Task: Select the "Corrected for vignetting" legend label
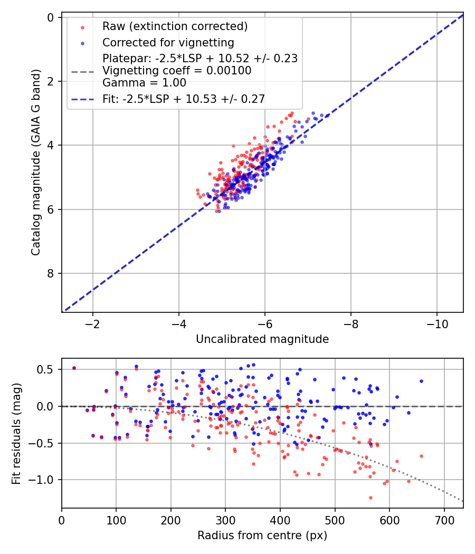[x=168, y=42]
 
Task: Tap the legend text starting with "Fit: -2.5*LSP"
[x=183, y=99]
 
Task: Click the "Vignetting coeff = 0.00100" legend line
[x=177, y=71]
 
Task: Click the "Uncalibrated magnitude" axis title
[x=262, y=339]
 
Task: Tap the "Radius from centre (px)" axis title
[x=262, y=536]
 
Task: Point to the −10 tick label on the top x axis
[x=436, y=323]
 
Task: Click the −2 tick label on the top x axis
[x=93, y=323]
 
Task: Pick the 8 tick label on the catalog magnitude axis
[x=51, y=273]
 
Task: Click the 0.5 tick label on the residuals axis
[x=47, y=369]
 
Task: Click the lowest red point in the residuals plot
[x=370, y=498]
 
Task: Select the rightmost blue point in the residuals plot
[x=421, y=381]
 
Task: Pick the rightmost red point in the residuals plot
[x=421, y=456]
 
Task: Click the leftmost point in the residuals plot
[x=74, y=368]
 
